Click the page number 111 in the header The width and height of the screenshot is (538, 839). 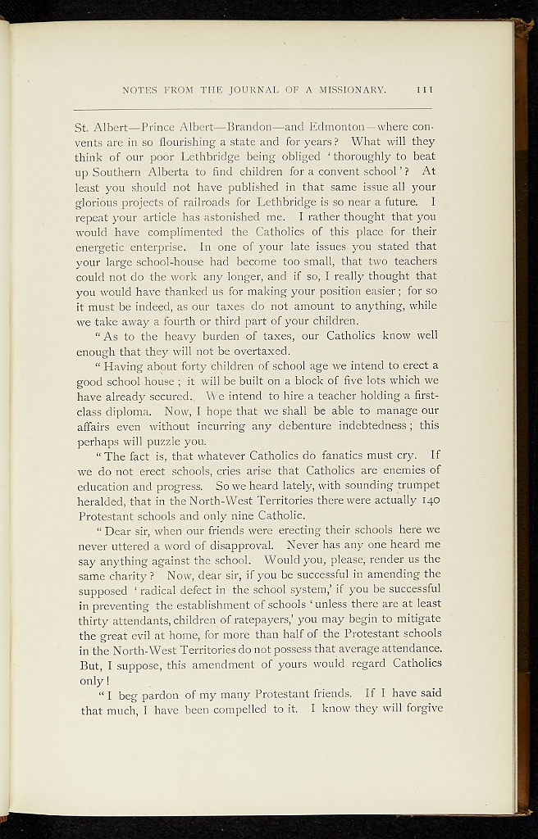425,90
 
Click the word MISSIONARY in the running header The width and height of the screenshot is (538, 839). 348,90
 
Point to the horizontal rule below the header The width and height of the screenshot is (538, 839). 253,109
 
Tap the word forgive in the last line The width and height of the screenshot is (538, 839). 417,709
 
